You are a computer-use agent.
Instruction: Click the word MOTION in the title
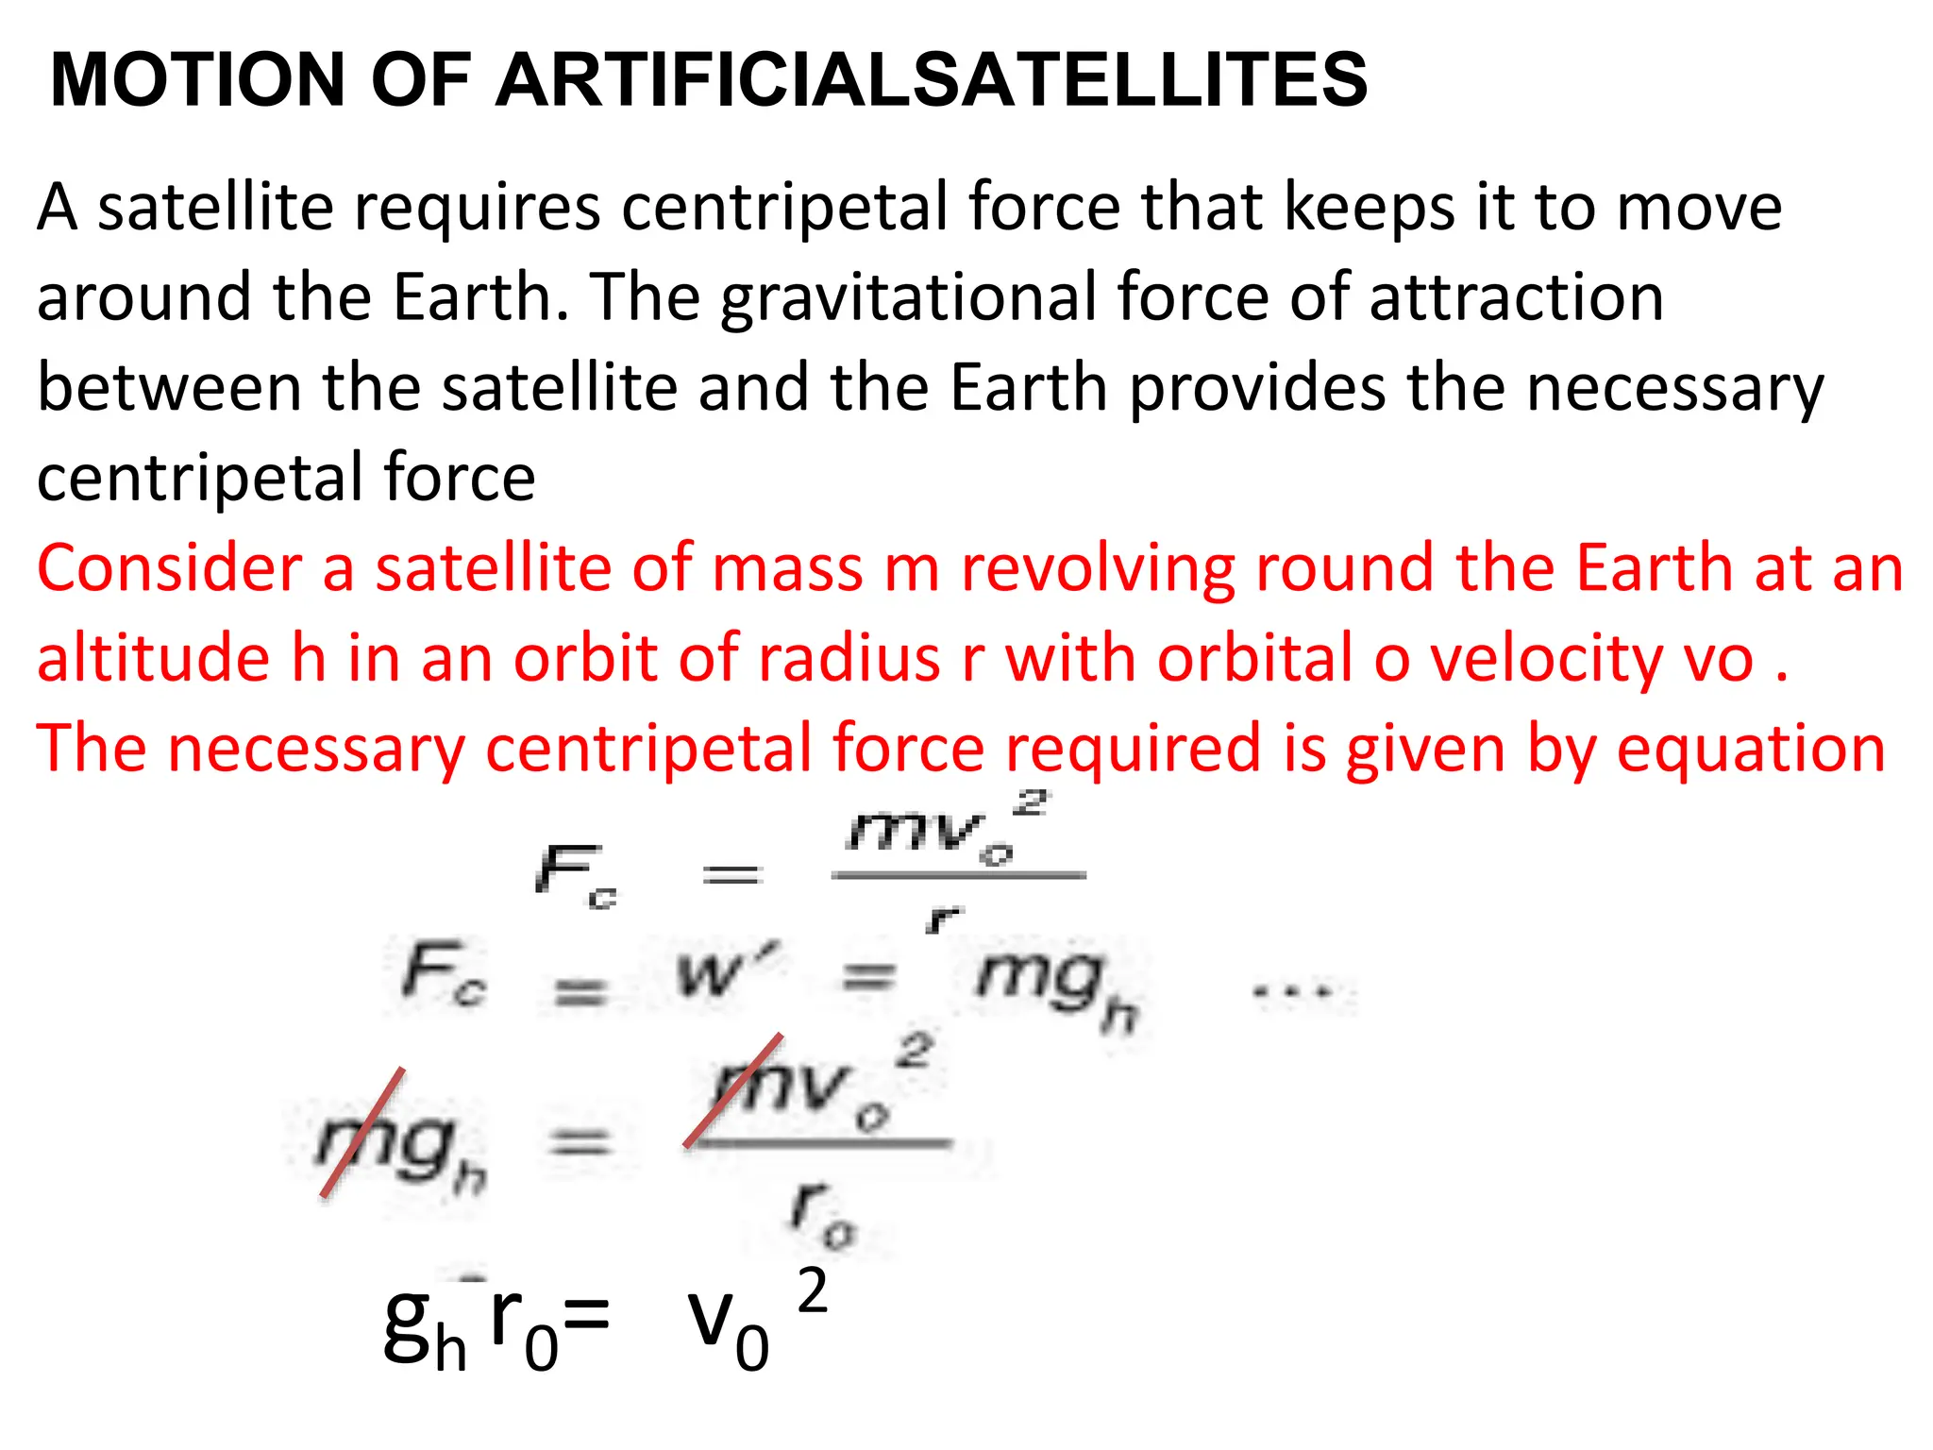tap(198, 79)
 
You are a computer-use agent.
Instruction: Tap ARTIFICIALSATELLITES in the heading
tap(932, 79)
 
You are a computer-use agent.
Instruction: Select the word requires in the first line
tap(477, 209)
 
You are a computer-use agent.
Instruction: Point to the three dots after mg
tap(1292, 991)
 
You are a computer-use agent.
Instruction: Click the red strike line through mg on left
tap(362, 1132)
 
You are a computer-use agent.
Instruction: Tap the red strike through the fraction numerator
tap(733, 1090)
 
